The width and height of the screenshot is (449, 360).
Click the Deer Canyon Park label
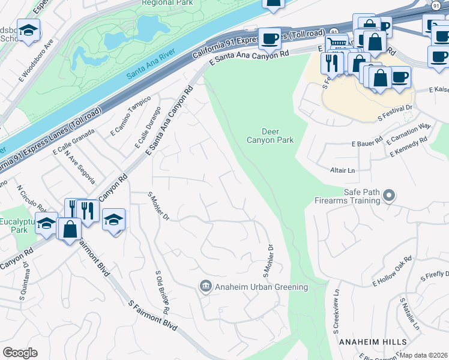point(277,136)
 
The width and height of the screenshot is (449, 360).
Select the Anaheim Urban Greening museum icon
point(206,287)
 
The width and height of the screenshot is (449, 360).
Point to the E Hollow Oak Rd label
point(392,272)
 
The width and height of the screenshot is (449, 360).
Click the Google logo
point(20,353)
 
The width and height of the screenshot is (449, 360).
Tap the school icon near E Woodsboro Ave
point(28,31)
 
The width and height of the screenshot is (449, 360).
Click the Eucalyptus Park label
point(14,226)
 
